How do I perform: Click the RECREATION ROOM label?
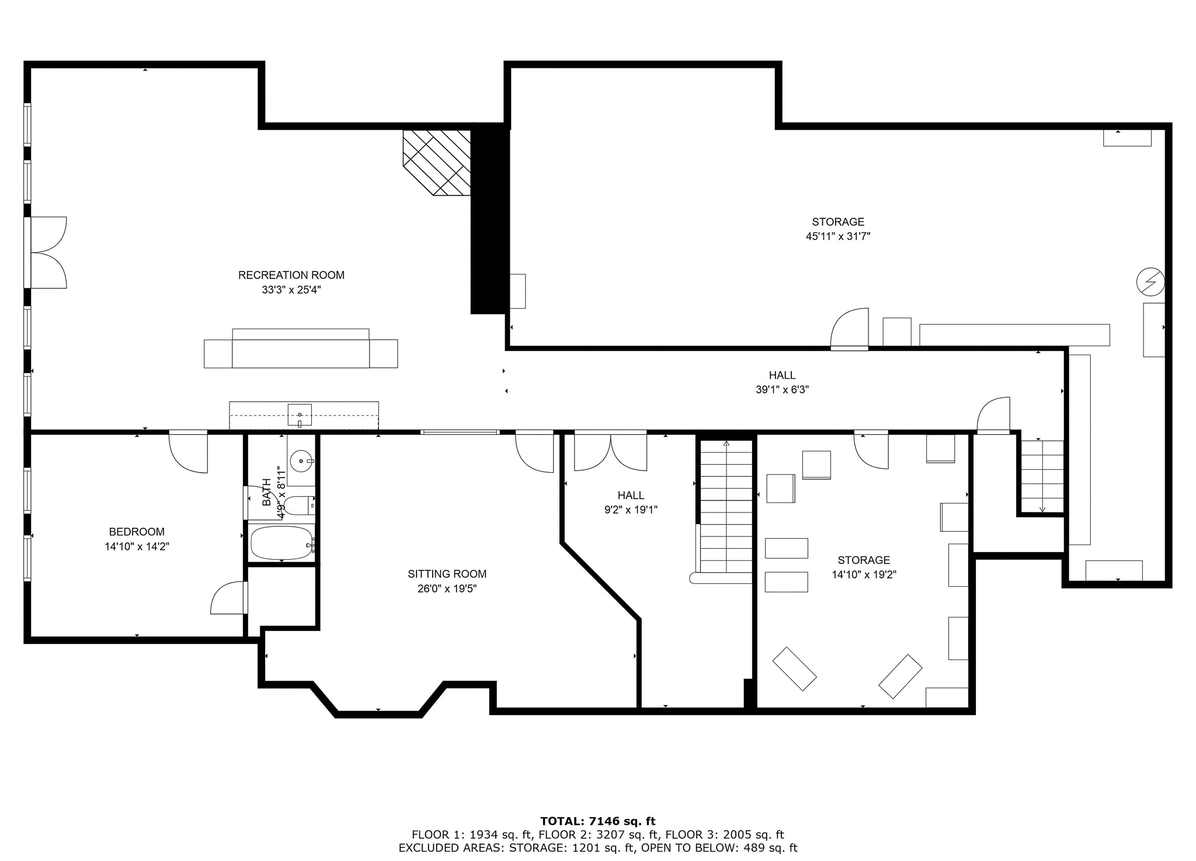(291, 275)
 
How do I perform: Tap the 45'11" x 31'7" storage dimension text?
(838, 236)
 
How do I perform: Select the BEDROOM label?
(137, 532)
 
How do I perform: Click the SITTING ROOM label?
(447, 574)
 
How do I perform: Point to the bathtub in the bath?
(281, 543)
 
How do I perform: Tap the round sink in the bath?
(301, 461)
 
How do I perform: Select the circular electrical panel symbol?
(1150, 283)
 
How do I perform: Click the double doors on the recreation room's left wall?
(47, 253)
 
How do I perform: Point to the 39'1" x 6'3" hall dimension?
(782, 390)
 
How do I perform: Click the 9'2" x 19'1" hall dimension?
(631, 510)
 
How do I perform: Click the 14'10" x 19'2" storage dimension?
(864, 574)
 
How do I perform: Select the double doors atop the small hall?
(610, 451)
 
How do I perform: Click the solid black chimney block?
(488, 219)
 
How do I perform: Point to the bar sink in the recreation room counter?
(300, 415)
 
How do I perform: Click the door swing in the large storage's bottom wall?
(849, 329)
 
